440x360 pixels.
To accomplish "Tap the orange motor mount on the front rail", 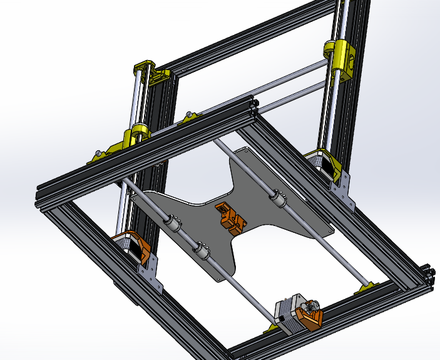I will tap(309, 316).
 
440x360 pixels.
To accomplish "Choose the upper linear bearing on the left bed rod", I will tap(172, 222).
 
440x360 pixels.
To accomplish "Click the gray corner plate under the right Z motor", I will tap(343, 191).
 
